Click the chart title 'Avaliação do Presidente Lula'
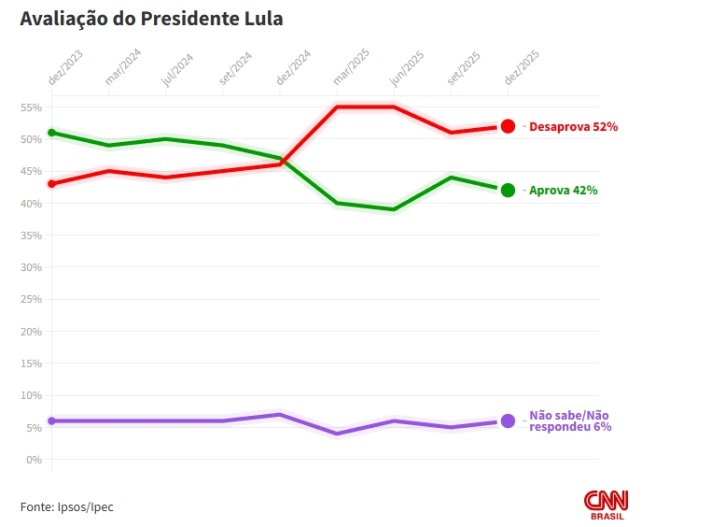(x=151, y=19)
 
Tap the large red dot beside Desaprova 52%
(x=508, y=126)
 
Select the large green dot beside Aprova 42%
(x=508, y=191)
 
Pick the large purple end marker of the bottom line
(x=508, y=420)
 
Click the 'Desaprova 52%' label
(x=573, y=126)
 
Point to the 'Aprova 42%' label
(x=563, y=191)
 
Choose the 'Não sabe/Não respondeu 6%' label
(x=570, y=420)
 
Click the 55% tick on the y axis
(x=31, y=107)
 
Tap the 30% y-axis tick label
(x=31, y=267)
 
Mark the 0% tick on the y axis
(x=34, y=460)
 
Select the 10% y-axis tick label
(x=31, y=395)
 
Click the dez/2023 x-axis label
(x=66, y=68)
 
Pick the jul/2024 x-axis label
(x=178, y=68)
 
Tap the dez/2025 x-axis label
(x=523, y=68)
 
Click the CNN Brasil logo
(x=607, y=505)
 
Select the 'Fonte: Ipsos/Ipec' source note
(x=67, y=506)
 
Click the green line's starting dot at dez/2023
(x=51, y=133)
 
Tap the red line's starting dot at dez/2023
(x=51, y=184)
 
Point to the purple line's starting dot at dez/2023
(x=51, y=420)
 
